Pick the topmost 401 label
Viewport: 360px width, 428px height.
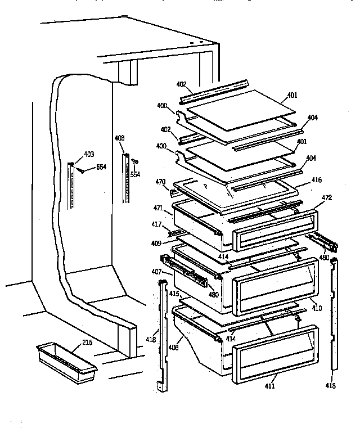292,95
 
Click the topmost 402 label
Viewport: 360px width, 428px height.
181,84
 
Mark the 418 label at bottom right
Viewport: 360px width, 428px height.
331,386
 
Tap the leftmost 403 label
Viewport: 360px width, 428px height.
89,154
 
